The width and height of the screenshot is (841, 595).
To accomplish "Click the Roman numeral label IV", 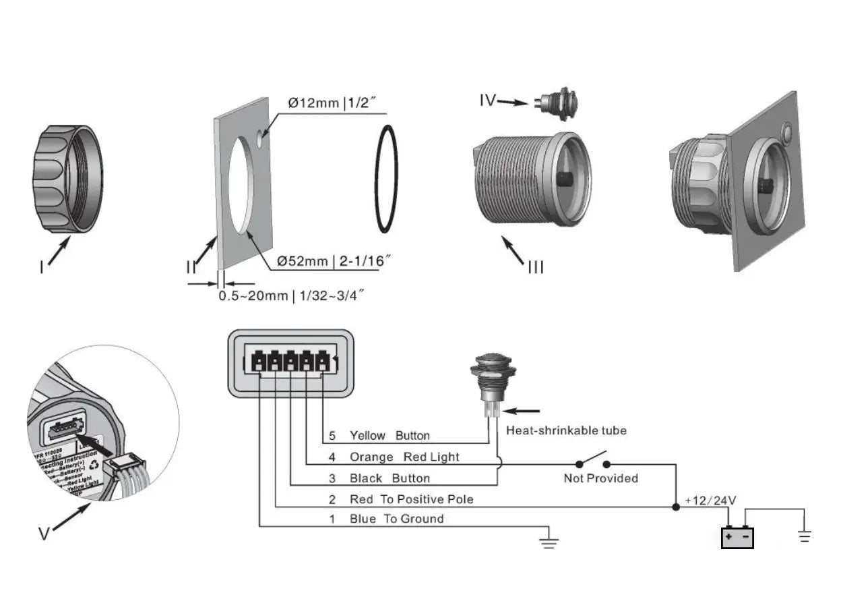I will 487,101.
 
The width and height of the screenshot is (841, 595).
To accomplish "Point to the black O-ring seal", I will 385,178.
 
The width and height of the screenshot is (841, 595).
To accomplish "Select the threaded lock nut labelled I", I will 68,179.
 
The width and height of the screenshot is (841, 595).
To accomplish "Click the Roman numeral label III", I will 535,268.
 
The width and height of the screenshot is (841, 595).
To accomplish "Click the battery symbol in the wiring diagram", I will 737,537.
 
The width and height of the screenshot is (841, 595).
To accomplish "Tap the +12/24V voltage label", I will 710,501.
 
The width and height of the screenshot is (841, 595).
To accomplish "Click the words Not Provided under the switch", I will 600,478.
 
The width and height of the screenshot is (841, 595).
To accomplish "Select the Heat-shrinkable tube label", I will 566,430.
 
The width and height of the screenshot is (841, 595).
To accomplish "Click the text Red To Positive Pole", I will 411,499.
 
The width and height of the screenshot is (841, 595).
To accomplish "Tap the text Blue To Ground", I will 396,519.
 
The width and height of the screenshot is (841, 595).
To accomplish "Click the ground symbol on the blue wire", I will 550,540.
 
